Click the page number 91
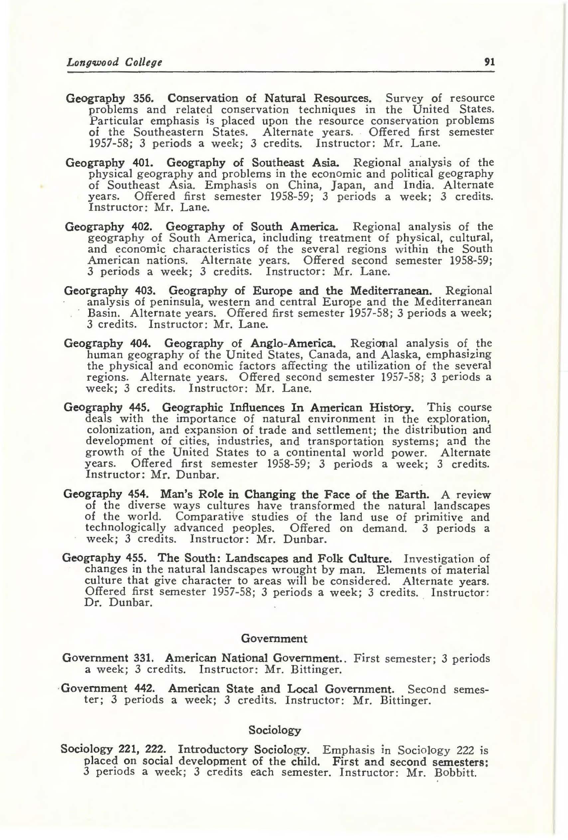point(489,62)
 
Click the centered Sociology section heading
point(275,731)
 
